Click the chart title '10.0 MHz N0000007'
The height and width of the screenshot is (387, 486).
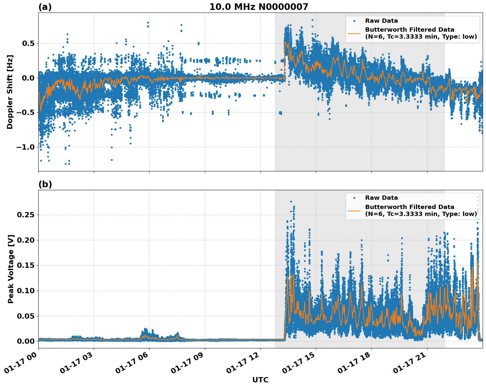pyautogui.click(x=259, y=7)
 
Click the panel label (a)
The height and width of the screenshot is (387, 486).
pyautogui.click(x=45, y=7)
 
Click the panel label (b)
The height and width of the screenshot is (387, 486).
pyautogui.click(x=45, y=184)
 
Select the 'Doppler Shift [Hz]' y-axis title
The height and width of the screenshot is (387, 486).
pyautogui.click(x=10, y=92)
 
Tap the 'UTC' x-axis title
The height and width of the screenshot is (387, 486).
pyautogui.click(x=260, y=380)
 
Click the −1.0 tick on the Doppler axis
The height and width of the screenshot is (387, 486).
pyautogui.click(x=25, y=147)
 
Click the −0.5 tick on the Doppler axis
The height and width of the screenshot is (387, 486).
pyautogui.click(x=25, y=113)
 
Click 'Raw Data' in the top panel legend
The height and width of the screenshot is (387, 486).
pyautogui.click(x=381, y=21)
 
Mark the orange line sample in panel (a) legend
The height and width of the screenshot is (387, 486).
pyautogui.click(x=354, y=33)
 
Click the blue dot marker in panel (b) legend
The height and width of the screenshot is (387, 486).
pyautogui.click(x=354, y=198)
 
